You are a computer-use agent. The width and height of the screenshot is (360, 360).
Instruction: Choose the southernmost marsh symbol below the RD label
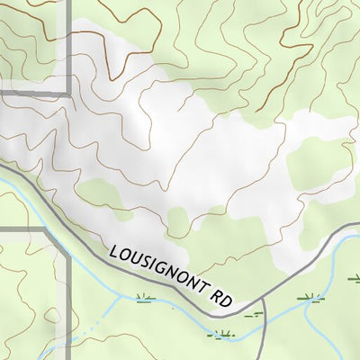[220, 335]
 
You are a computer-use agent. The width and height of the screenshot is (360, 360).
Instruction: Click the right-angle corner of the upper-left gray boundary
[68, 93]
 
